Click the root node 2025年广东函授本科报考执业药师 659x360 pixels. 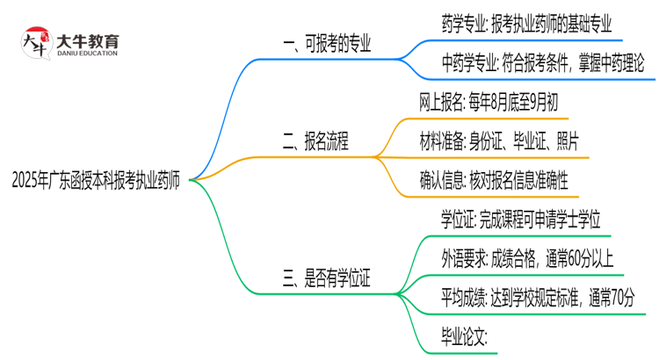pyautogui.click(x=96, y=182)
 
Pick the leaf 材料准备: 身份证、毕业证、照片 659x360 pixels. pyautogui.click(x=498, y=141)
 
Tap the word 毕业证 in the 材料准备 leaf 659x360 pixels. pyautogui.click(x=532, y=141)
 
